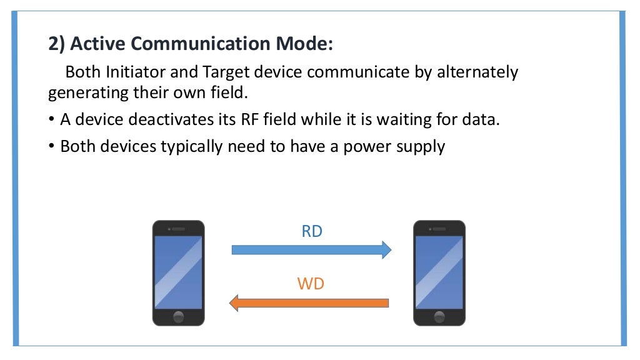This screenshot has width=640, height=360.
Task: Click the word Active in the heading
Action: click(94, 45)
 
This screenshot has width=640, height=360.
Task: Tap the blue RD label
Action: click(312, 232)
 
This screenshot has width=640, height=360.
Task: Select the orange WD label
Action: click(311, 284)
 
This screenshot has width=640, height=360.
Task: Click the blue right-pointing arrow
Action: click(311, 250)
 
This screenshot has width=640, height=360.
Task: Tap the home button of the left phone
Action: click(178, 316)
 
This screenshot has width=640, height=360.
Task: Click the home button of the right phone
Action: click(439, 316)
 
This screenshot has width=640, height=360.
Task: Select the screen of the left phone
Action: click(178, 271)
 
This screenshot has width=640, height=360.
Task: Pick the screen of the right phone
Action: click(439, 271)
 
